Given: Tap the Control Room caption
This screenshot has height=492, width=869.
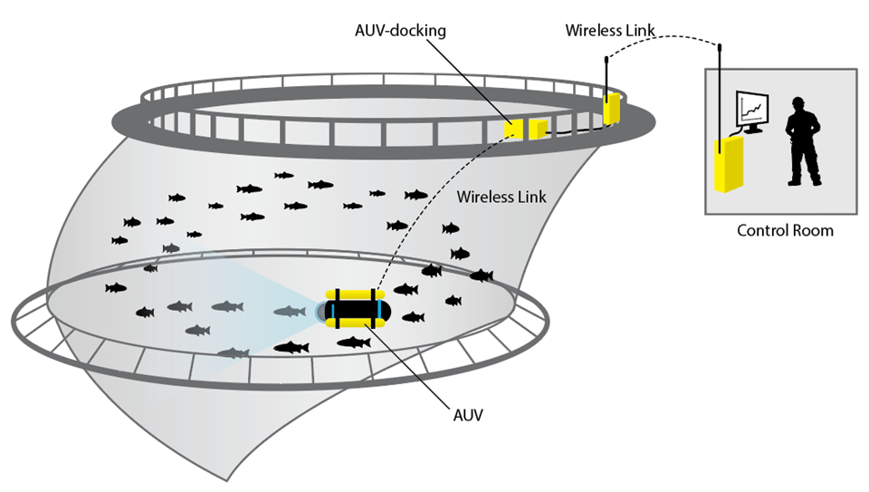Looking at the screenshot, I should pos(784,231).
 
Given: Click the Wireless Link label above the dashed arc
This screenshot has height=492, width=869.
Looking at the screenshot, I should pos(611,29).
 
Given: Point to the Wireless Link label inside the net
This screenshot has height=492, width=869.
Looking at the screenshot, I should pos(501,196).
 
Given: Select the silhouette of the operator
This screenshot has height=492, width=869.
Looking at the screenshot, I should pos(802,140).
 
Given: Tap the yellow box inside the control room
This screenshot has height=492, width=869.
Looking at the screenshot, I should pos(728,163).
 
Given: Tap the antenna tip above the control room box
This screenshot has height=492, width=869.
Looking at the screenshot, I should pos(721,45).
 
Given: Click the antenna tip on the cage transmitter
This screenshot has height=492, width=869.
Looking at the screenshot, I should pos(606,57).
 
